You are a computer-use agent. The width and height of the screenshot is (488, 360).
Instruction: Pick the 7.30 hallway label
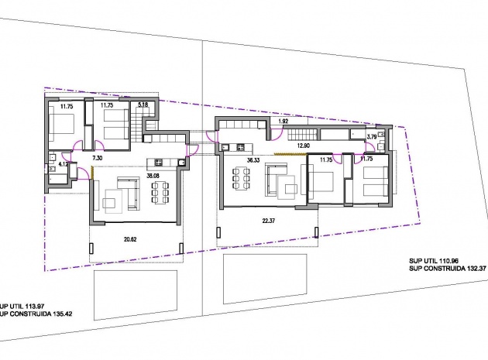coord(98,157)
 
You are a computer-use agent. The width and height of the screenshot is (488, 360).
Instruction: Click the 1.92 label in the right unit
coord(283,122)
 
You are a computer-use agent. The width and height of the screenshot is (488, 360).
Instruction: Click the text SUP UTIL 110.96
coord(439,261)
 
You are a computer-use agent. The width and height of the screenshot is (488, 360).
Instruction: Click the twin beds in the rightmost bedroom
coord(375,182)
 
